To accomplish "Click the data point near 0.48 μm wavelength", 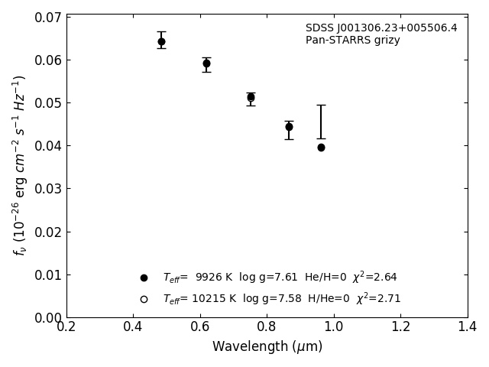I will coord(161,41).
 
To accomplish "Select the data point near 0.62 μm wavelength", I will coord(206,63).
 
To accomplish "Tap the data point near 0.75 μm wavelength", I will coord(251,97).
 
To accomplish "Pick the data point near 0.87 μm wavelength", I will coord(289,127).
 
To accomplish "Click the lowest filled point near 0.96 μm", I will coord(321,148).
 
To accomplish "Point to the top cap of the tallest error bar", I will coord(321,105).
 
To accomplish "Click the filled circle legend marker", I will coord(144,278).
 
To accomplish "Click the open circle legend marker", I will coord(144,299).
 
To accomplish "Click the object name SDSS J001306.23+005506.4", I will coord(381,28).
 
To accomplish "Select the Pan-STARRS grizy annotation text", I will coord(352,41).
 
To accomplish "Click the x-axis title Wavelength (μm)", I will coord(267,347).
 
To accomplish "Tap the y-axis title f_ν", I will coord(20,164).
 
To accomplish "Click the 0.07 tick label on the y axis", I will coord(48,17).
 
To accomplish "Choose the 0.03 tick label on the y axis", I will coord(48,189).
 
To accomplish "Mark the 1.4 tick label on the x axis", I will coord(468,327).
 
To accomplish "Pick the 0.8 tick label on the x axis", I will coord(267,327).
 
